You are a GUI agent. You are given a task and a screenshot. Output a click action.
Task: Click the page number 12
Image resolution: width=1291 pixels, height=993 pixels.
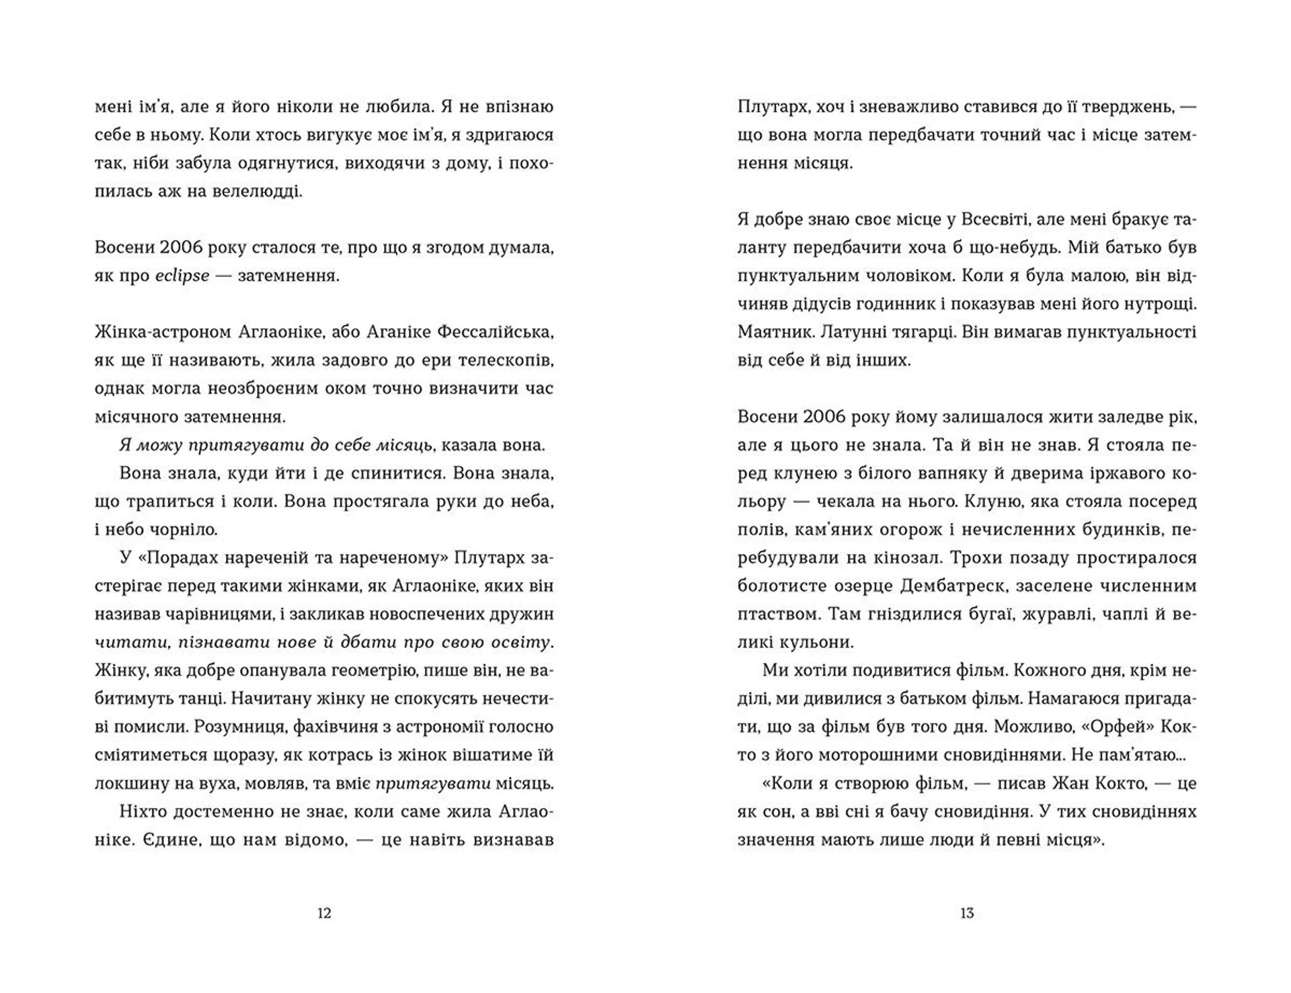coord(324,913)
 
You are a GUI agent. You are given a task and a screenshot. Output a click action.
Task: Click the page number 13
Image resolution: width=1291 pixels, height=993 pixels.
coord(967,913)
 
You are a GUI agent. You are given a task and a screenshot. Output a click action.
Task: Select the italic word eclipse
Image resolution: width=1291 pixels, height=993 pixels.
coord(182,276)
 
